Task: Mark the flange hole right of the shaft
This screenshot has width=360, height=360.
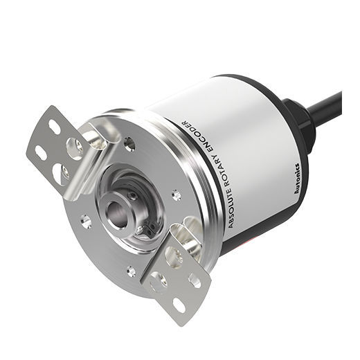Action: pyautogui.click(x=177, y=196)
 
